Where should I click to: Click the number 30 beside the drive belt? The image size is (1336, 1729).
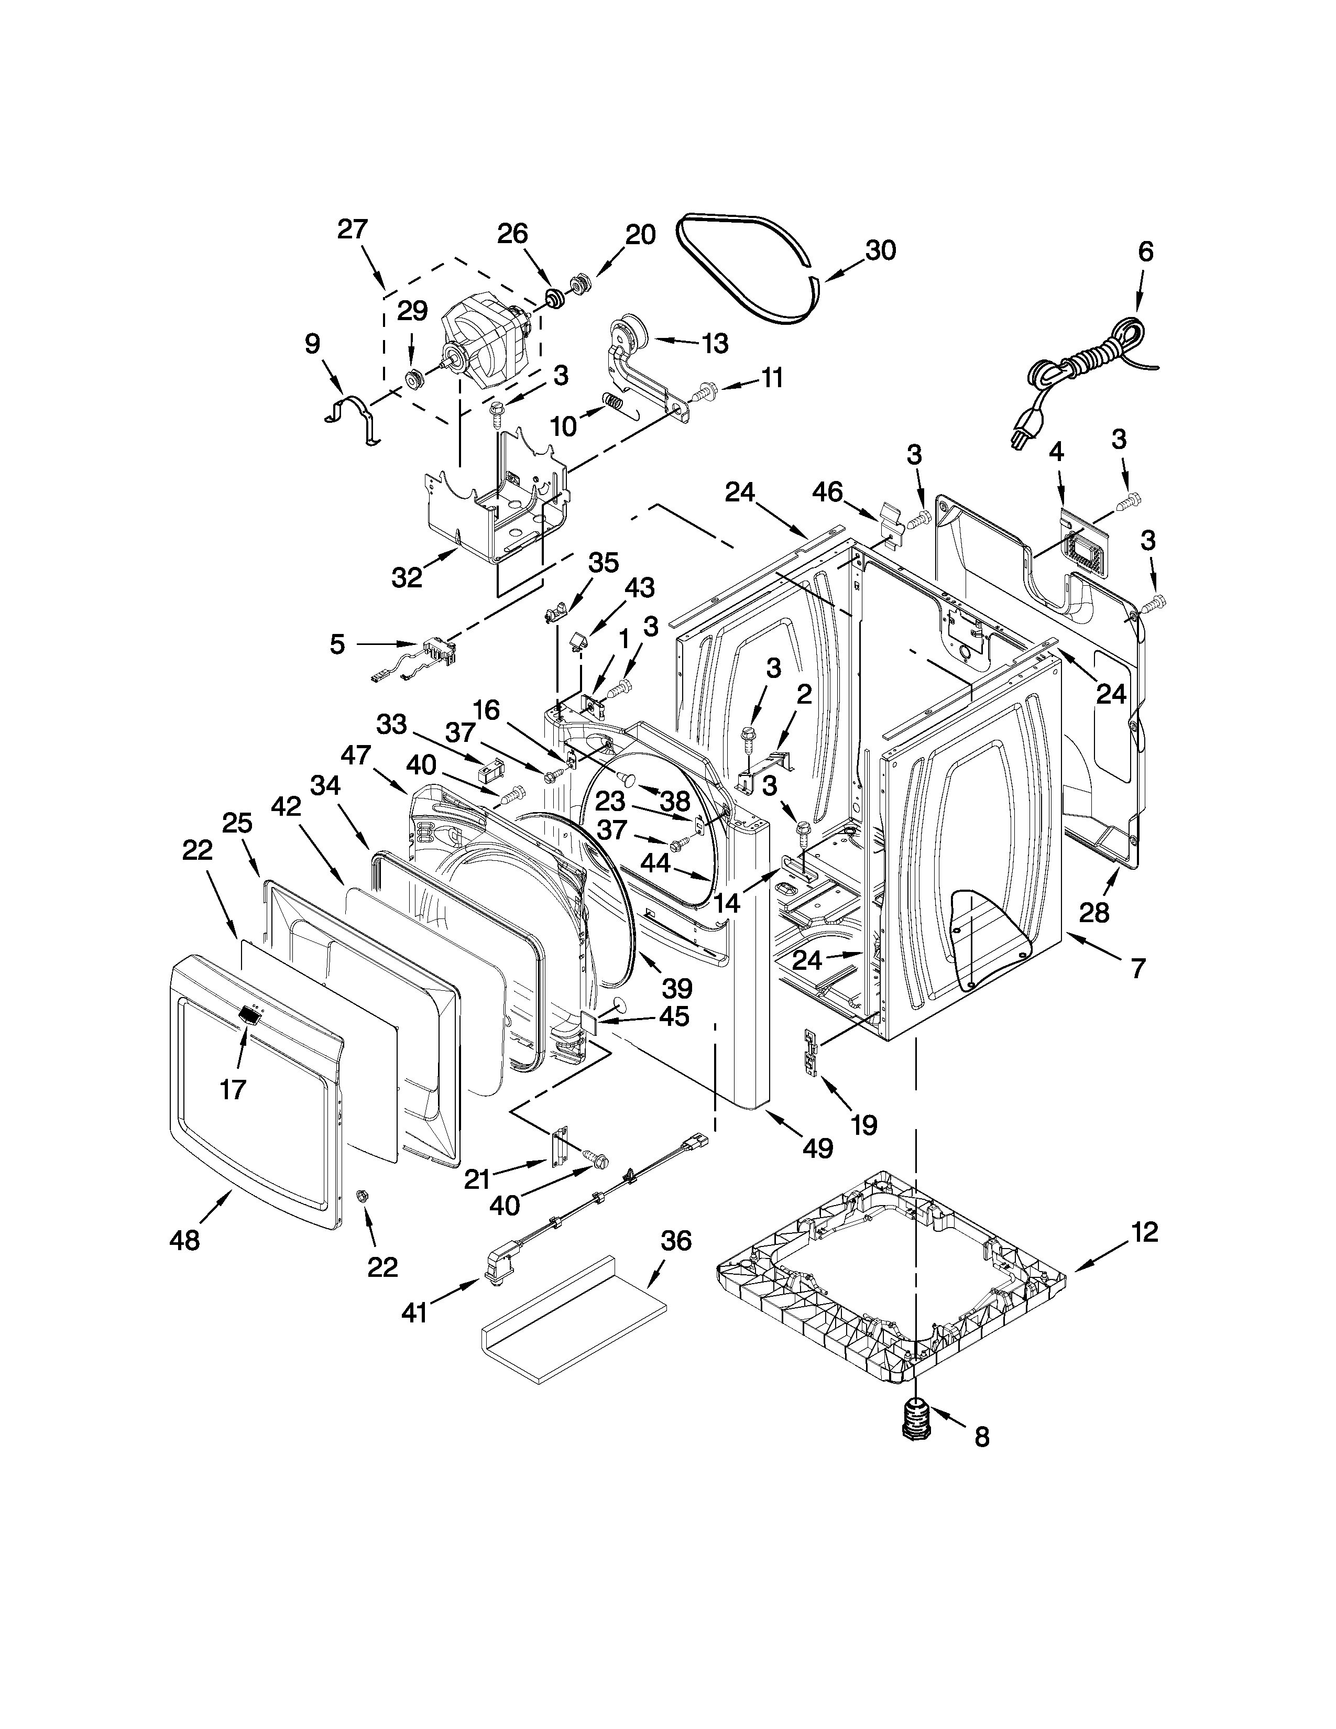880,250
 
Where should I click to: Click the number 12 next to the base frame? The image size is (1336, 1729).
1144,1232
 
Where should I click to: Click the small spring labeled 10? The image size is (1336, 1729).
611,401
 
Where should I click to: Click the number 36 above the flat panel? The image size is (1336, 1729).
676,1241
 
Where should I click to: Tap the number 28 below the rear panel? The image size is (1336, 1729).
1094,913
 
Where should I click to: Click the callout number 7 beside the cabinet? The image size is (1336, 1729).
1137,967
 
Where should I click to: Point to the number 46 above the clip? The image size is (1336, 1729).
828,491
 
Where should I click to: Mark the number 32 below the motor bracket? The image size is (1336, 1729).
407,578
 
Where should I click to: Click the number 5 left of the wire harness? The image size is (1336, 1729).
337,644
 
